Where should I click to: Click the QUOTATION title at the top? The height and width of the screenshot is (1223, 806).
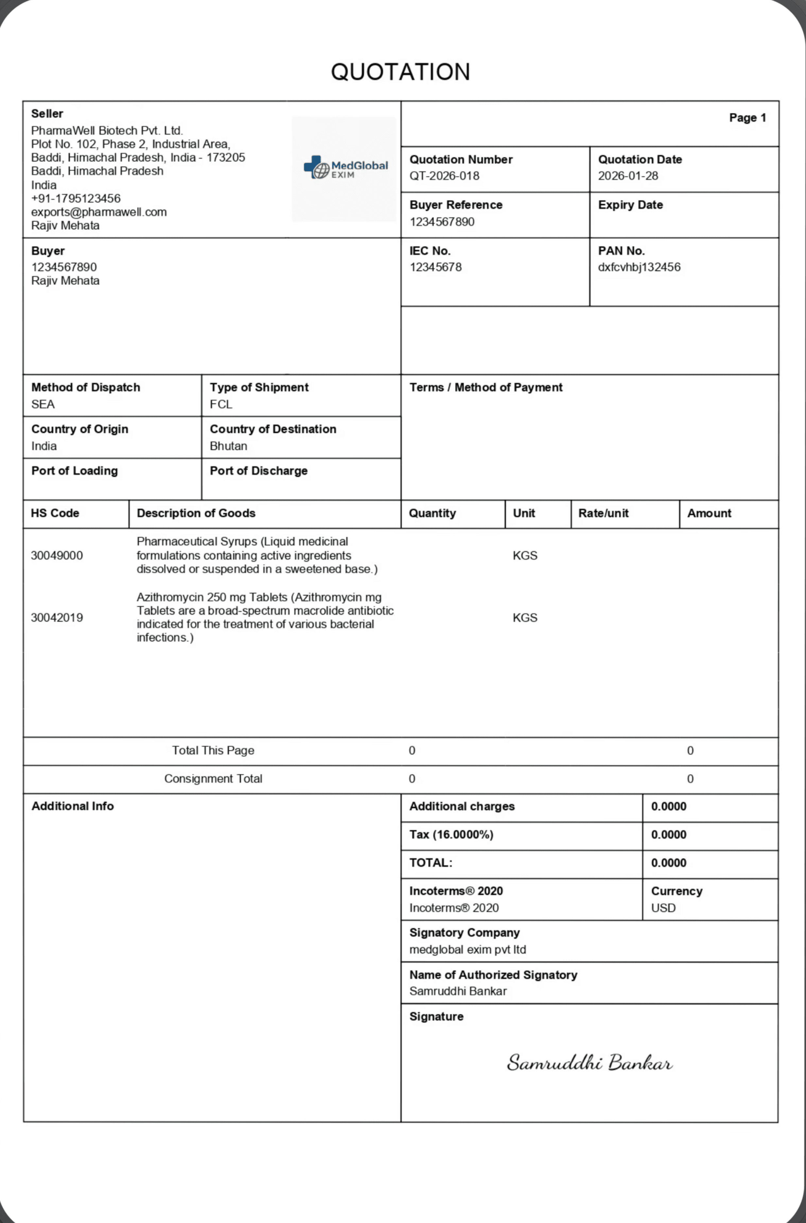(x=400, y=72)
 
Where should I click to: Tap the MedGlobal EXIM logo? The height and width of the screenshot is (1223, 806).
(x=346, y=168)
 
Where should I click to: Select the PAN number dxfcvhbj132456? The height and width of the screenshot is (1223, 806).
(x=639, y=267)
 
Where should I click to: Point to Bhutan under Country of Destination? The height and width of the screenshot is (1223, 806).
(x=228, y=446)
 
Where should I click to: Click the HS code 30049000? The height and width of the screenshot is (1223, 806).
(x=57, y=555)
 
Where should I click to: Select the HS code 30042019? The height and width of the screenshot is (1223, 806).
(x=57, y=617)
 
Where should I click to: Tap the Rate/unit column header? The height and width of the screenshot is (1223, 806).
(x=603, y=513)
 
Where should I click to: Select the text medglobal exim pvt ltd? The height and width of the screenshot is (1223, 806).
(x=467, y=949)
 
